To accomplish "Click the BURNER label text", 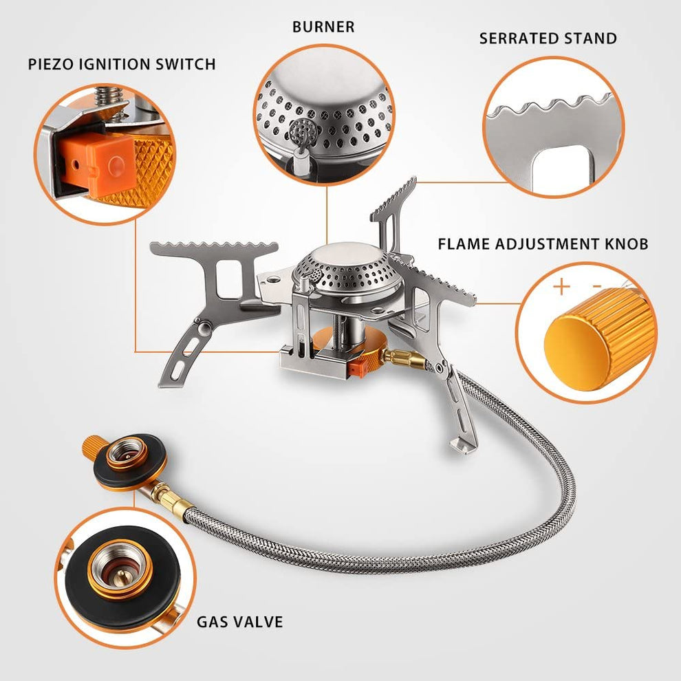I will (323, 27).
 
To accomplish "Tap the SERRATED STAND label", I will (548, 38).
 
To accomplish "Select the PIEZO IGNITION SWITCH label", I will (122, 64).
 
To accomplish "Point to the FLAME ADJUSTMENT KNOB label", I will (543, 244).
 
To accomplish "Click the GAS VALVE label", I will (239, 622).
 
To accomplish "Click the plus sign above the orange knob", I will (561, 285).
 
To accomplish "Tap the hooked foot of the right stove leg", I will (459, 440).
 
